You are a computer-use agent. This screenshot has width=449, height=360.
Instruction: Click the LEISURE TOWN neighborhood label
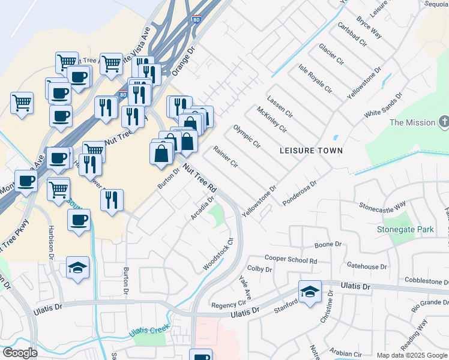312,151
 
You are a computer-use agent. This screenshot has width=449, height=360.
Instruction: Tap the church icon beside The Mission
443,122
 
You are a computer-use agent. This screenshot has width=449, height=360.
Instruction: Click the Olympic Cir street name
247,136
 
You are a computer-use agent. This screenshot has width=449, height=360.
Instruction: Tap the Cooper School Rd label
291,260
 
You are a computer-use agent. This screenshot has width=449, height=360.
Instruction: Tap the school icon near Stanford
310,293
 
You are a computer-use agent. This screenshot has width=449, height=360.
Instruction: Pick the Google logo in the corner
20,353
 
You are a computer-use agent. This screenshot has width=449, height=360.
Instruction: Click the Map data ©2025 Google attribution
411,355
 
